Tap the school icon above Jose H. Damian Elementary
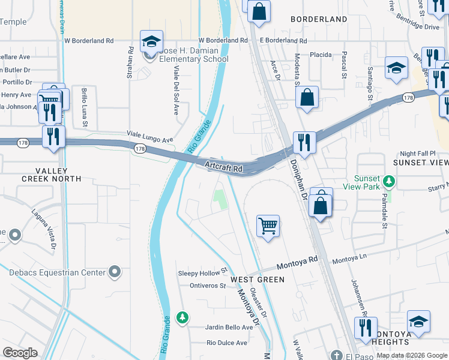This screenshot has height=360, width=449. [x=151, y=41]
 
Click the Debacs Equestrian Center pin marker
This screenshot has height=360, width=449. [x=115, y=273]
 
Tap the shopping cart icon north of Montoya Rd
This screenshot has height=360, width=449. [x=268, y=226]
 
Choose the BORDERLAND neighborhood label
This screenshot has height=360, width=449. [x=319, y=19]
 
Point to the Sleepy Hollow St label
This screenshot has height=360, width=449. [x=203, y=272]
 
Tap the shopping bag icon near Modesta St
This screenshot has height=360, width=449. [x=307, y=98]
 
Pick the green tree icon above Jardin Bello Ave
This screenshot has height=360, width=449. [x=182, y=317]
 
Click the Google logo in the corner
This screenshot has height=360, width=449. [x=20, y=353]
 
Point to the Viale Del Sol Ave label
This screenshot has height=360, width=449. [x=176, y=91]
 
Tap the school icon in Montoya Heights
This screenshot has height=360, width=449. [x=418, y=321]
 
